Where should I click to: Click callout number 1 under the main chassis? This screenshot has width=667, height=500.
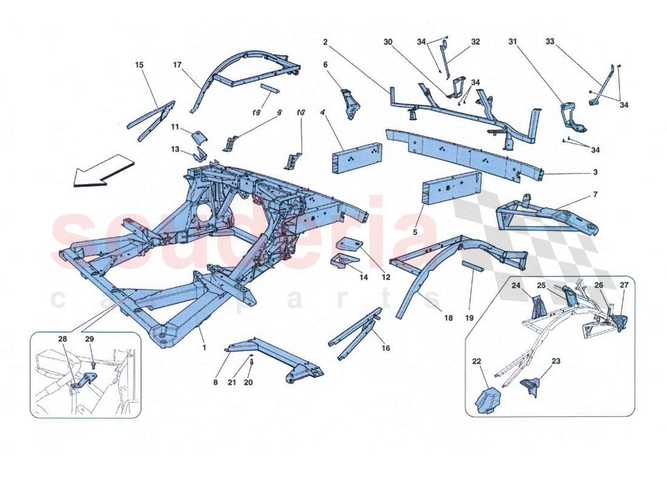tap(204, 347)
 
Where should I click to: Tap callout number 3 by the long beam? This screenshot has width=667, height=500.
tap(595, 173)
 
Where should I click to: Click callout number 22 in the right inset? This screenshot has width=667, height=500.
tap(477, 361)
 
